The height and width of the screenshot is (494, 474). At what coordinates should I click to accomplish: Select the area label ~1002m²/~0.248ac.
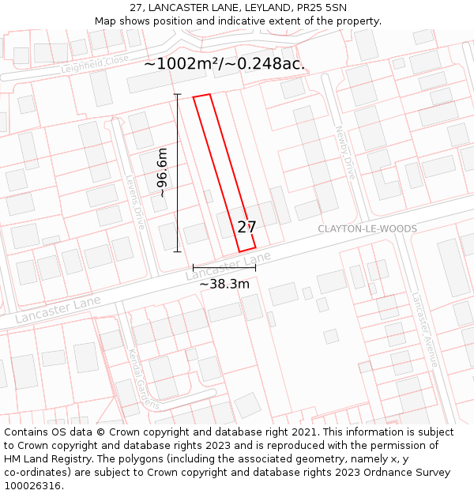[224, 64]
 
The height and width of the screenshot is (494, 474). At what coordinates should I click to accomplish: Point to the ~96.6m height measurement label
[162, 172]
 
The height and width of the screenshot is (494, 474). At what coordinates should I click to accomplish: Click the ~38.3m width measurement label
[224, 284]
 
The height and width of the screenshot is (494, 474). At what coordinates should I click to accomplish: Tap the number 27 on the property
[246, 227]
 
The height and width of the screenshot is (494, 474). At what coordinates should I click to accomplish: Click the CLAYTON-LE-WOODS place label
[367, 228]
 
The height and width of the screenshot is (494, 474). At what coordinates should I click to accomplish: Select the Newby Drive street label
[347, 152]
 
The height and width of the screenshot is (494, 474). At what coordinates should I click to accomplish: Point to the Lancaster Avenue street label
[424, 330]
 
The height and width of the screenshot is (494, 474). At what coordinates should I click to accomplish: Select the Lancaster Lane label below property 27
[228, 268]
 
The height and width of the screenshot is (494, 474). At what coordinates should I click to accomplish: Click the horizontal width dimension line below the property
[224, 268]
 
